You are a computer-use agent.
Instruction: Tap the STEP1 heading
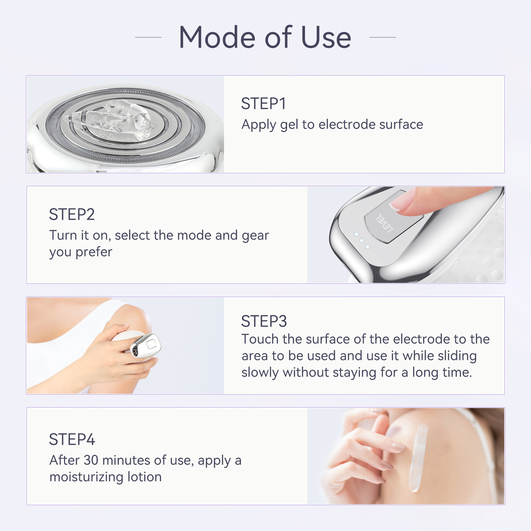263,104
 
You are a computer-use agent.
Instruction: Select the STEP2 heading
72,215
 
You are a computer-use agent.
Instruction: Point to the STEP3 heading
264,321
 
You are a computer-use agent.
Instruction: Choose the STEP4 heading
72,440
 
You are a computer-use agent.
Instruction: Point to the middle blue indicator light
362,241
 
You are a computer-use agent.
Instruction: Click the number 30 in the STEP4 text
91,460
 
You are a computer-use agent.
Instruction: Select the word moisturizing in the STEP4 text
86,477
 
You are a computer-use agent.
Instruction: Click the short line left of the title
148,38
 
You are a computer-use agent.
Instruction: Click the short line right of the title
382,38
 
